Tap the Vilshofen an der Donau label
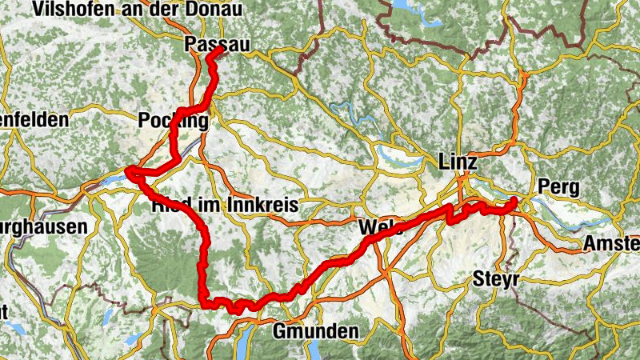114,10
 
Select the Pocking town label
173,121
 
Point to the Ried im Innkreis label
225,206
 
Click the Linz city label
458,162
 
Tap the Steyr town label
496,279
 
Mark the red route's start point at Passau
218,50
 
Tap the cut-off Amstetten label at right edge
612,242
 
